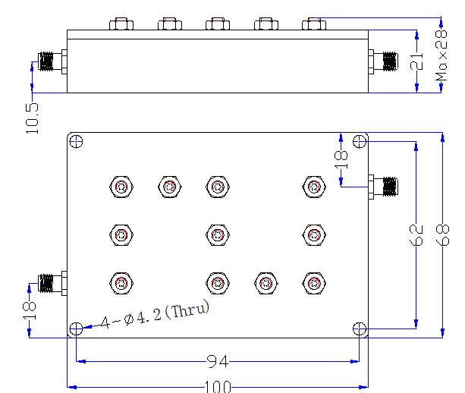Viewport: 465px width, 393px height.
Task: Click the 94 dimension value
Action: [x=218, y=362]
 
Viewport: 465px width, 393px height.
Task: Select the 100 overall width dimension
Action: [x=218, y=386]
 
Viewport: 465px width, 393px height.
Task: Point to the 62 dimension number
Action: [x=416, y=235]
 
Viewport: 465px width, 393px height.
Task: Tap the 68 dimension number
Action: [x=442, y=235]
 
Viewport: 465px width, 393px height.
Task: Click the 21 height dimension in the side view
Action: [x=416, y=61]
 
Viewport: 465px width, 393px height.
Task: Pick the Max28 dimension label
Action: [x=441, y=55]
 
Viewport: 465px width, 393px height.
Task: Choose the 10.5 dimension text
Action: [x=32, y=118]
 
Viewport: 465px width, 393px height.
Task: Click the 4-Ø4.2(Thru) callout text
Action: [x=155, y=314]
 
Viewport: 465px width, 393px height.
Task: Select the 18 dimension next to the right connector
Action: [x=341, y=159]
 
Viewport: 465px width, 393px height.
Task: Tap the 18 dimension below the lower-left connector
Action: [x=30, y=310]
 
